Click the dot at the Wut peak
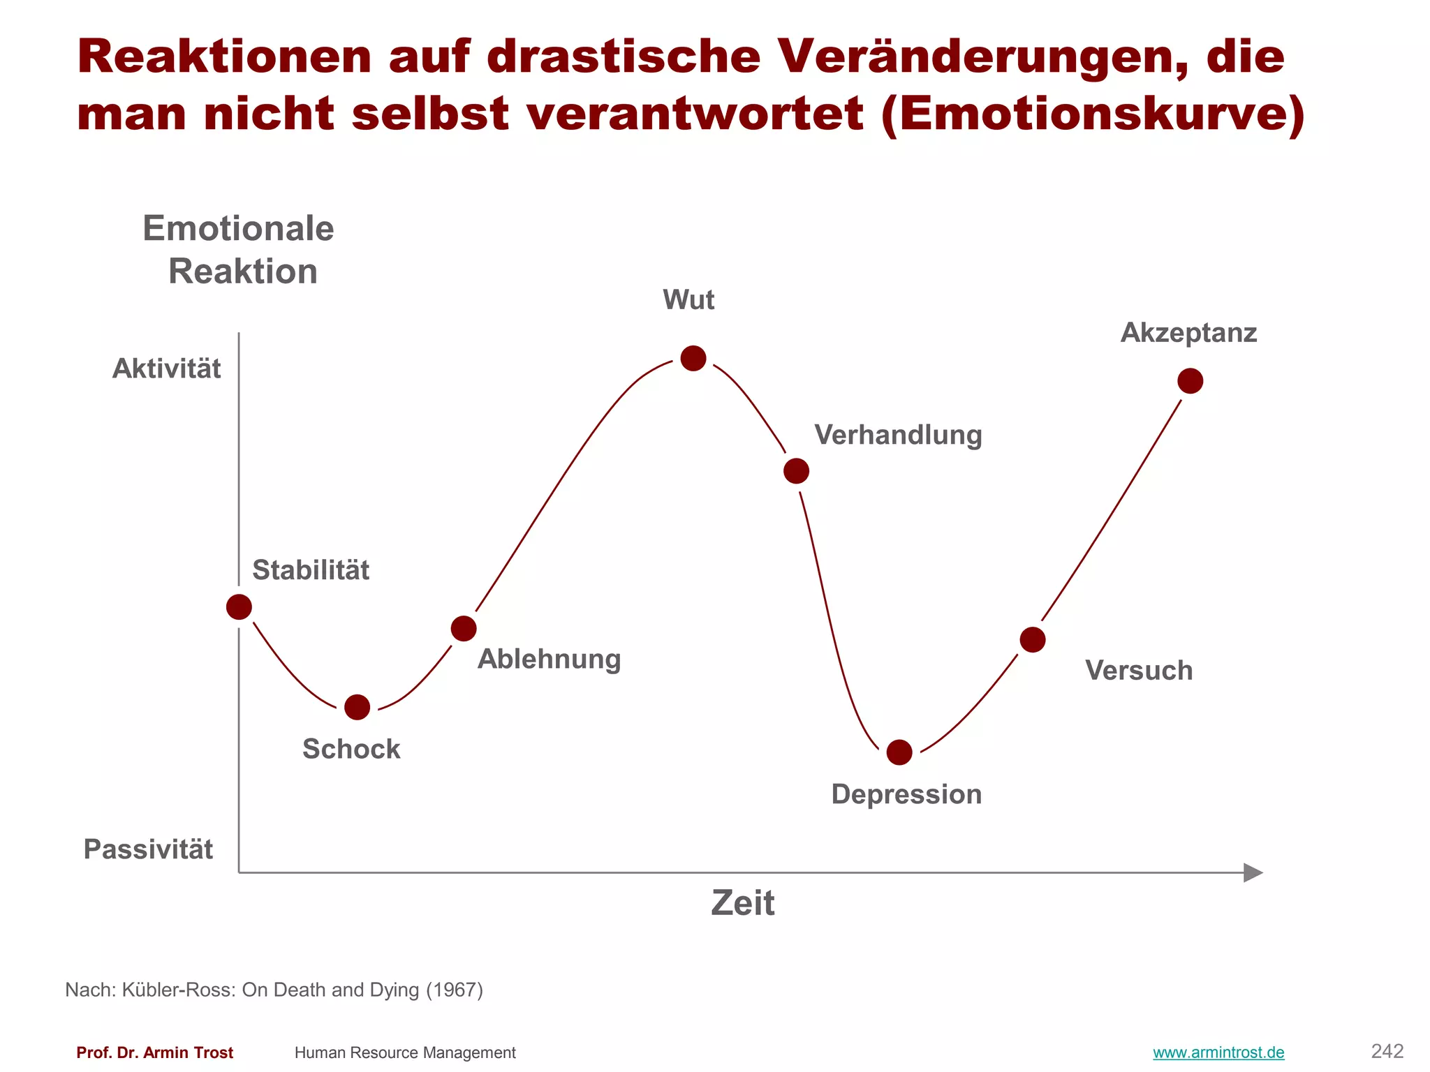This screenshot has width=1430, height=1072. pyautogui.click(x=693, y=358)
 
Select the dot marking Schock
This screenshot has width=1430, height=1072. pyautogui.click(x=357, y=707)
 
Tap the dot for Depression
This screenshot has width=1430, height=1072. pyautogui.click(x=899, y=752)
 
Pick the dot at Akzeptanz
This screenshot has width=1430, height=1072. pyautogui.click(x=1191, y=381)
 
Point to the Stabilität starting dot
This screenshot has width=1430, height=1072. pyautogui.click(x=239, y=607)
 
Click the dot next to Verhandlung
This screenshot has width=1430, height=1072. pyautogui.click(x=796, y=471)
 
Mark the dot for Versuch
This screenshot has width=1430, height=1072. pyautogui.click(x=1033, y=639)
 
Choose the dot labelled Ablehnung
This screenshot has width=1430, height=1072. pyautogui.click(x=464, y=629)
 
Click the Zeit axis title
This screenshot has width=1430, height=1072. pyautogui.click(x=742, y=903)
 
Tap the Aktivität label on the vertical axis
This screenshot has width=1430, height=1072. pyautogui.click(x=166, y=368)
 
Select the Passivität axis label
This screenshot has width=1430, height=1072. pyautogui.click(x=148, y=849)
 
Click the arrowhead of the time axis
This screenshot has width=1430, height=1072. pyautogui.click(x=1253, y=872)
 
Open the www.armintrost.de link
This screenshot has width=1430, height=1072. pyautogui.click(x=1218, y=1052)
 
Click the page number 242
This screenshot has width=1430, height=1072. pyautogui.click(x=1387, y=1051)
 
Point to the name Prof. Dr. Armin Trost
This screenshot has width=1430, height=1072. pyautogui.click(x=154, y=1052)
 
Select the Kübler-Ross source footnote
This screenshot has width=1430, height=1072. pyautogui.click(x=274, y=990)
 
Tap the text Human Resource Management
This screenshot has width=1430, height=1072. pyautogui.click(x=405, y=1052)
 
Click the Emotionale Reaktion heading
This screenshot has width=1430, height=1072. pyautogui.click(x=239, y=249)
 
